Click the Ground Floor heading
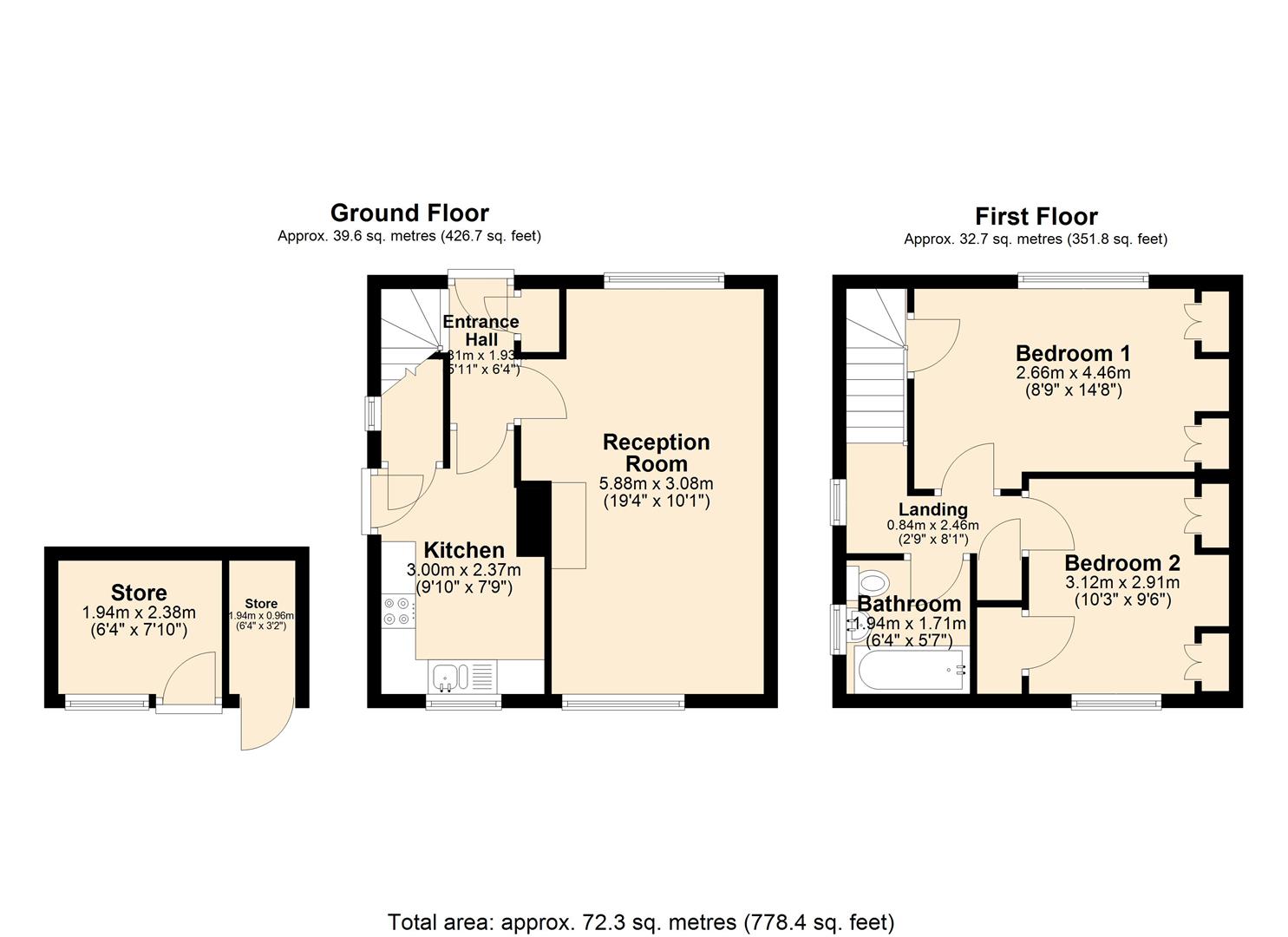409,213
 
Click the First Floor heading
1036,216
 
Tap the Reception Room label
656,453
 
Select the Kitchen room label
463,550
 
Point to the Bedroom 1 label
1073,353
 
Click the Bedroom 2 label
1121,562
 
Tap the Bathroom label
909,604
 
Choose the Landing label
932,509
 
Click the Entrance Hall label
481,331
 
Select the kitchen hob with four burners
396,611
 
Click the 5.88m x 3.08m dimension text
656,483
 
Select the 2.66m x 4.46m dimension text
1073,373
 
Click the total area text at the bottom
640,921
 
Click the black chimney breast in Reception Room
533,519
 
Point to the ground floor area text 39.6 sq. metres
409,236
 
